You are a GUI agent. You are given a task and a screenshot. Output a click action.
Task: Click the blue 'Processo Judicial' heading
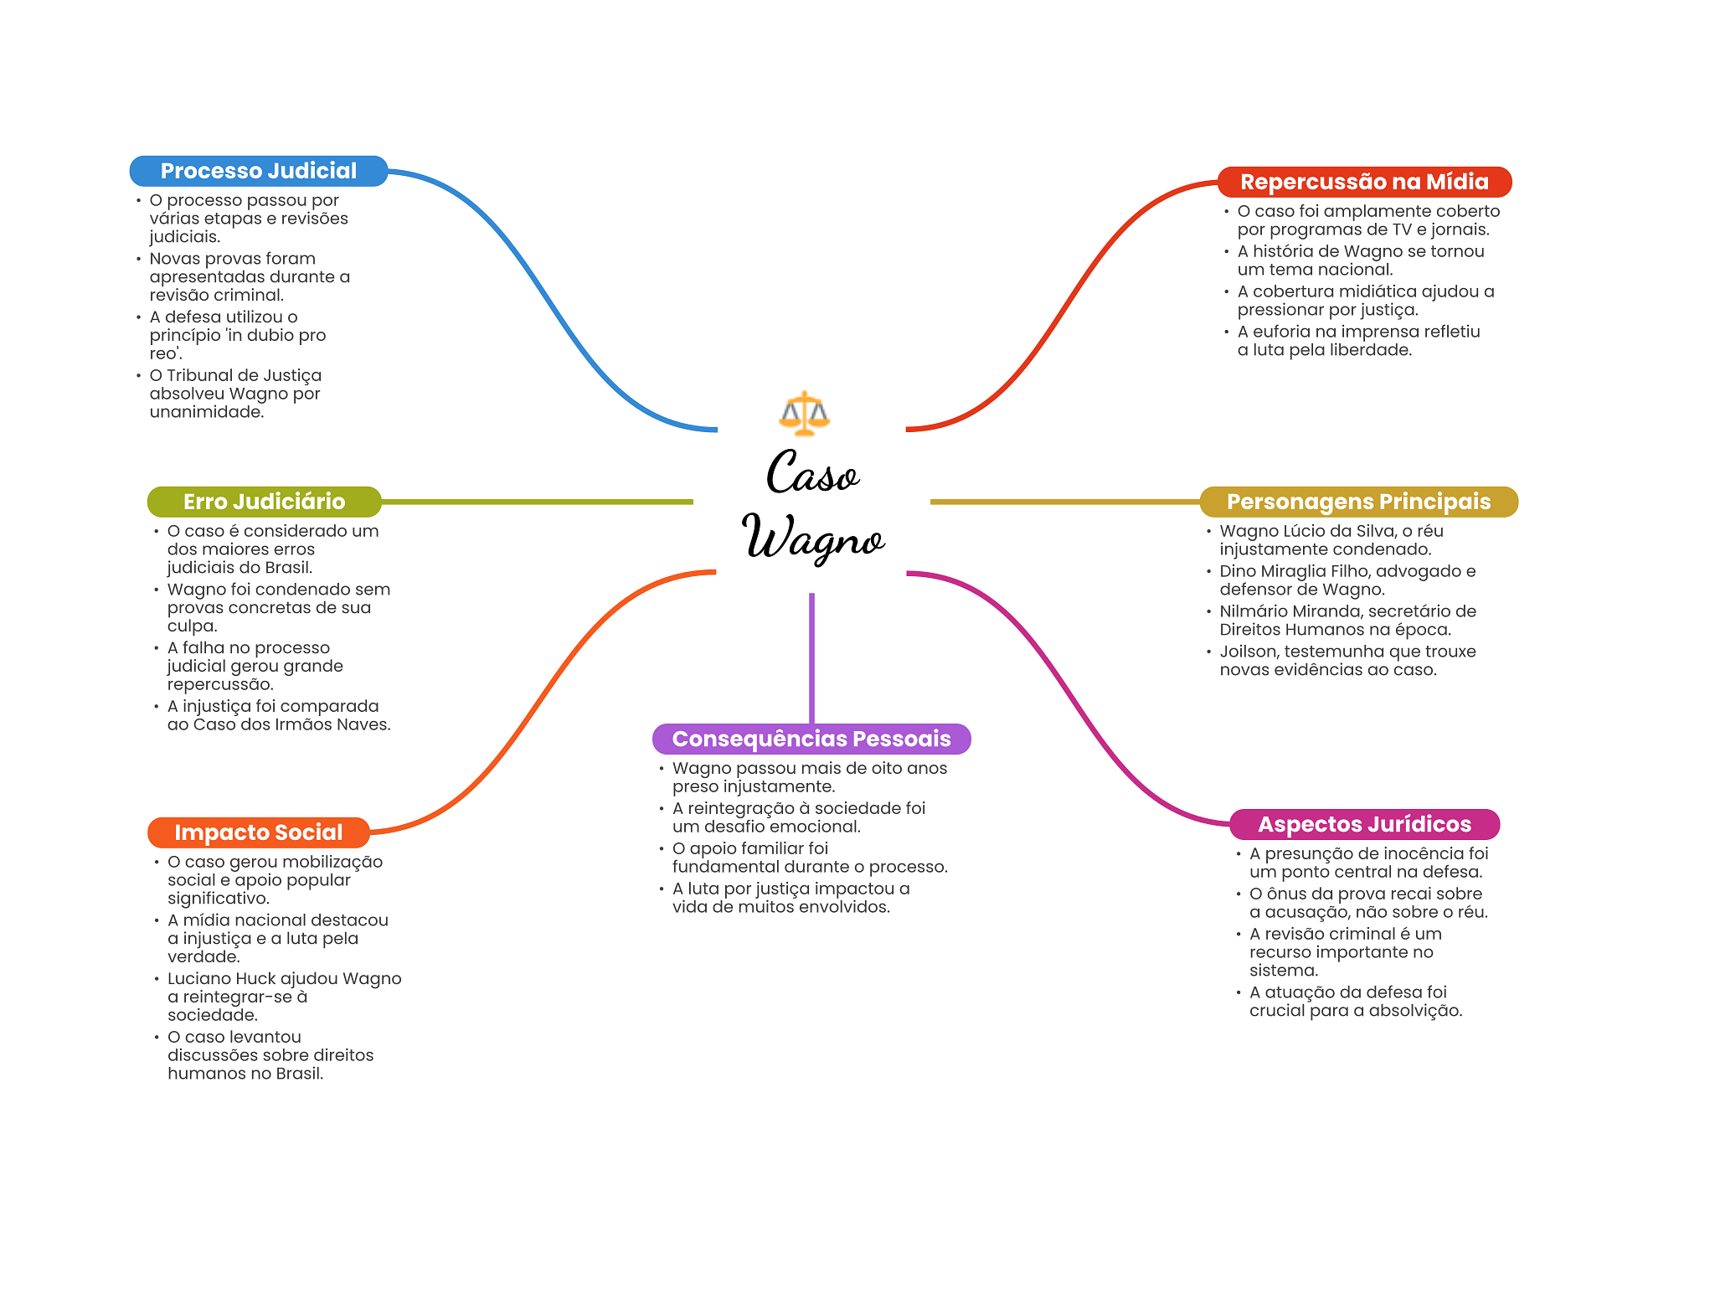259,171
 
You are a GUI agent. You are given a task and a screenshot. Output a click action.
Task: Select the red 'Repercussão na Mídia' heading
1364,182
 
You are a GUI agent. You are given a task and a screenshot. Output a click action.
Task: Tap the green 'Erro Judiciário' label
264,502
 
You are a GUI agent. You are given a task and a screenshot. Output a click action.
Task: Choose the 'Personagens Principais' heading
1358,502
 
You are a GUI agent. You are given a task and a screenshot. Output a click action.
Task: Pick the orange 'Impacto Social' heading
259,832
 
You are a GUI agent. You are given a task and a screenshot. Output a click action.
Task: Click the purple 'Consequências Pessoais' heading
811,739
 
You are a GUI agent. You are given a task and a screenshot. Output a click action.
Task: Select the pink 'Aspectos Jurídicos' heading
1364,824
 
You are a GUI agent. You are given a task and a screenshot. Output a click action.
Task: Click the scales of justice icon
804,413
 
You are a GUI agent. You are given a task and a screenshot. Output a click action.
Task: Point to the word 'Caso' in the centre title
812,473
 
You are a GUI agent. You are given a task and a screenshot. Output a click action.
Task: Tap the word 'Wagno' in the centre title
813,538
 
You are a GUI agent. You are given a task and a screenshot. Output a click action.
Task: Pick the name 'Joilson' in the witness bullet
1248,652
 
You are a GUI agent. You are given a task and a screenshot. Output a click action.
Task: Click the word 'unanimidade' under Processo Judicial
205,412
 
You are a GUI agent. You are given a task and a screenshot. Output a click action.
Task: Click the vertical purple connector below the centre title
811,658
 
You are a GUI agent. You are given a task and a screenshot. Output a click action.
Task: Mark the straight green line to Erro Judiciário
537,502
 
